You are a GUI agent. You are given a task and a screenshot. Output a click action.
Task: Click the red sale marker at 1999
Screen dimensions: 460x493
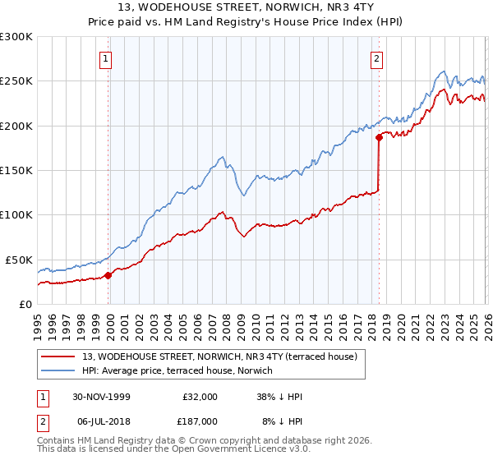[108, 276]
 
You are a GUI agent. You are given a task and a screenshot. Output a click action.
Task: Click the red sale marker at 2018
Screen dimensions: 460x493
[379, 138]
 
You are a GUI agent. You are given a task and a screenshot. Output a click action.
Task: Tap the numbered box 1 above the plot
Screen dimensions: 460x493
[107, 58]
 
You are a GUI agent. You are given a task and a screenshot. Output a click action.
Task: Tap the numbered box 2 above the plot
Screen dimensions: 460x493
[376, 58]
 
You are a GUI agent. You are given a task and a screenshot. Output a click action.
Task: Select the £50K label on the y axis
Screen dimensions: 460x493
[19, 260]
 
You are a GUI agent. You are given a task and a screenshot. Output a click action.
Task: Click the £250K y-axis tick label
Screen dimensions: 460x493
[16, 81]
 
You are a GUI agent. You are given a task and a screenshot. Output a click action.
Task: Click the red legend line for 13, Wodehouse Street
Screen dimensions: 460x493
[58, 357]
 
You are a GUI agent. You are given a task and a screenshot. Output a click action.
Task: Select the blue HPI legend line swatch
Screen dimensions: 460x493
[58, 370]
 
